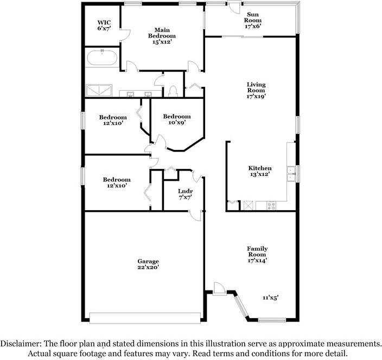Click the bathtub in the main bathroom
102,58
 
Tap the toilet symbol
173,91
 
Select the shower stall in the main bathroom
99,91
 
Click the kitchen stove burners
271,205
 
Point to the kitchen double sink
291,174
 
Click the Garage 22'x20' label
148,264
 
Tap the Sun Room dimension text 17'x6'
253,26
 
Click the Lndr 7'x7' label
186,194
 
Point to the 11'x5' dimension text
270,298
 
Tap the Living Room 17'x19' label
256,90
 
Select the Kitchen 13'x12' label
260,171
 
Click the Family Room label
257,251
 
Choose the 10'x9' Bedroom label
177,119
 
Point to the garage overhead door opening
145,318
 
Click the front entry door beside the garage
218,289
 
